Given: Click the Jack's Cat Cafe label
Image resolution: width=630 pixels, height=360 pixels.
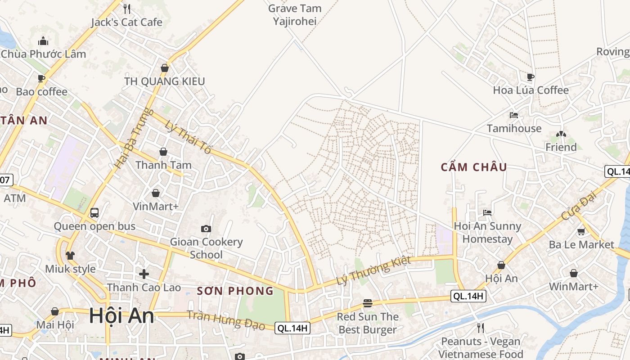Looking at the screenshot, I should click(x=126, y=22).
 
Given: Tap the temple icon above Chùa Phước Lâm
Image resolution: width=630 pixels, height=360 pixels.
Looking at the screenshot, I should click(x=43, y=41).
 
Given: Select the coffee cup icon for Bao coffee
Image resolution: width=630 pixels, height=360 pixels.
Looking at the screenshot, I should click(x=41, y=79).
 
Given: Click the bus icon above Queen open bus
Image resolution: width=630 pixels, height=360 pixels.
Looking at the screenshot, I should click(x=94, y=213).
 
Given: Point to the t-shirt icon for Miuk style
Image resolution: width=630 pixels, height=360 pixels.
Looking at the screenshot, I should click(x=70, y=256).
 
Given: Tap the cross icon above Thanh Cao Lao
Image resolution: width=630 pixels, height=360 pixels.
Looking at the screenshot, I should click(x=144, y=274).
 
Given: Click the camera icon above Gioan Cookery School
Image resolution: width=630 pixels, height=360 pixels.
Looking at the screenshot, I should click(x=206, y=229).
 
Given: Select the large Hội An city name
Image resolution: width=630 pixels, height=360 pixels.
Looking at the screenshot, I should click(x=121, y=315).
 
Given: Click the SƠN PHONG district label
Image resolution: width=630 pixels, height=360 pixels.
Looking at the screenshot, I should click(x=235, y=291).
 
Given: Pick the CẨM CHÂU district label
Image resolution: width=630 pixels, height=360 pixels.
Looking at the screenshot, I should click(x=474, y=167).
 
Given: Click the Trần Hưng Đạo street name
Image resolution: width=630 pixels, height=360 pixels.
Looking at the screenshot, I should click(x=226, y=320).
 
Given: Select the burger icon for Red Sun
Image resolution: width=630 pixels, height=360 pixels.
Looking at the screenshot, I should click(x=368, y=303).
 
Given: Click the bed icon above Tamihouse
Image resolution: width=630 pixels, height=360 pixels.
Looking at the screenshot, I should click(x=514, y=115).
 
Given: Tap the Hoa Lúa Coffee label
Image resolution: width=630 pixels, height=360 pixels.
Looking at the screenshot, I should click(x=531, y=90).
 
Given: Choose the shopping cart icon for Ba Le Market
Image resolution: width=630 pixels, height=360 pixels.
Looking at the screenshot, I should click(x=581, y=232).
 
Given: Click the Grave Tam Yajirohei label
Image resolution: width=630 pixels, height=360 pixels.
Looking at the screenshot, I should click(x=295, y=14).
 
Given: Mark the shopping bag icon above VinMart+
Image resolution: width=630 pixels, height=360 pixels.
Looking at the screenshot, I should click(x=156, y=193).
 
